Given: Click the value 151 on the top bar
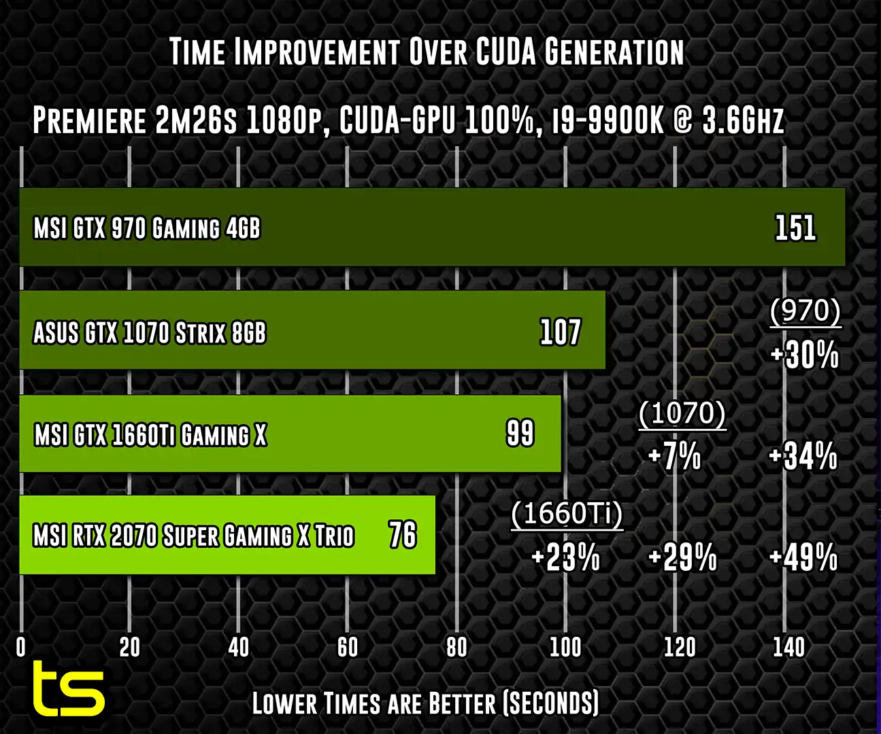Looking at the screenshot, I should click(x=795, y=228).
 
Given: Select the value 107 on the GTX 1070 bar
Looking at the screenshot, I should click(x=560, y=332).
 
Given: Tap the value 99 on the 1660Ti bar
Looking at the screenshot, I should click(x=520, y=433).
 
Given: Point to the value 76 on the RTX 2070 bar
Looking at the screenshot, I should click(x=402, y=535).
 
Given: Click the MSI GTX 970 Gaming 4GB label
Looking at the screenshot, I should click(x=147, y=228).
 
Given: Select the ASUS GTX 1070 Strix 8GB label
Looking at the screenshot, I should click(x=150, y=333).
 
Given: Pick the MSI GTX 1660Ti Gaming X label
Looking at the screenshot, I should click(x=150, y=435).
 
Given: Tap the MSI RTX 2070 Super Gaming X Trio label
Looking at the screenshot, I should click(x=194, y=536).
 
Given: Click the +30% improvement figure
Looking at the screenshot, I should click(x=804, y=355).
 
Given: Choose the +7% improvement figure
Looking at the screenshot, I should click(x=674, y=456).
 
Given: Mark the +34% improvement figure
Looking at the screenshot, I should click(x=803, y=456).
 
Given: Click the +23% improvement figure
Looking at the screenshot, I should click(x=565, y=558).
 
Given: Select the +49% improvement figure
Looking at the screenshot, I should click(x=803, y=558).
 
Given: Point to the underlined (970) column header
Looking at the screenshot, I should click(x=805, y=311).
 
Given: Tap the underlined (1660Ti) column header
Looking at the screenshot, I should click(x=567, y=514).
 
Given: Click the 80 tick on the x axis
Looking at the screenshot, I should click(x=456, y=647).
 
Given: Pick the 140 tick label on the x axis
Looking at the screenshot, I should click(x=788, y=647).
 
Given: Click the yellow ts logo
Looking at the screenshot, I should click(x=69, y=690).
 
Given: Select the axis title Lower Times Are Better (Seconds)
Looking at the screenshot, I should click(x=425, y=703).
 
